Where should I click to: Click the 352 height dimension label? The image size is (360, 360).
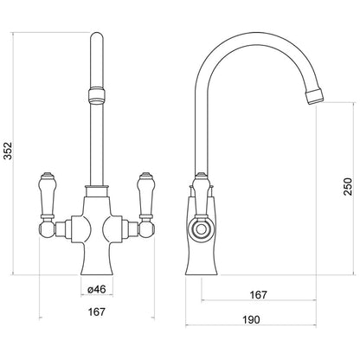pos(9,151)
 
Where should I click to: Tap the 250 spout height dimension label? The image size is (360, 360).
pos(348,187)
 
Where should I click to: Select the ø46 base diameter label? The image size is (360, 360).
pos(97,289)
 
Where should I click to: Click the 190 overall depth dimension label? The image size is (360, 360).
pos(251,319)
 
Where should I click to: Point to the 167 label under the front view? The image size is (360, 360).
pos(97,312)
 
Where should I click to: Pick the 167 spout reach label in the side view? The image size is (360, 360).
pos(259,295)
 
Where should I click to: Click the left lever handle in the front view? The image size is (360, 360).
pos(47,195)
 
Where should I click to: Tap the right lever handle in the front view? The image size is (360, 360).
pos(146,195)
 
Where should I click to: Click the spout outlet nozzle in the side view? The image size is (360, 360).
pos(315,97)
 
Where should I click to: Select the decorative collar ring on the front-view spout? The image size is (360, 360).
pos(97,94)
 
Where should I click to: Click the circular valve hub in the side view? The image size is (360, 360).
pos(200,230)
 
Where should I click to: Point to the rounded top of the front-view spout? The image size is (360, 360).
pos(97,39)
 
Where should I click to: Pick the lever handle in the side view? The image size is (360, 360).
pos(201,195)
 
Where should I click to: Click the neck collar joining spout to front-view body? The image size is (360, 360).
pos(97,191)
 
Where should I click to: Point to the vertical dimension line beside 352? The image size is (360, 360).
pos(13,154)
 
